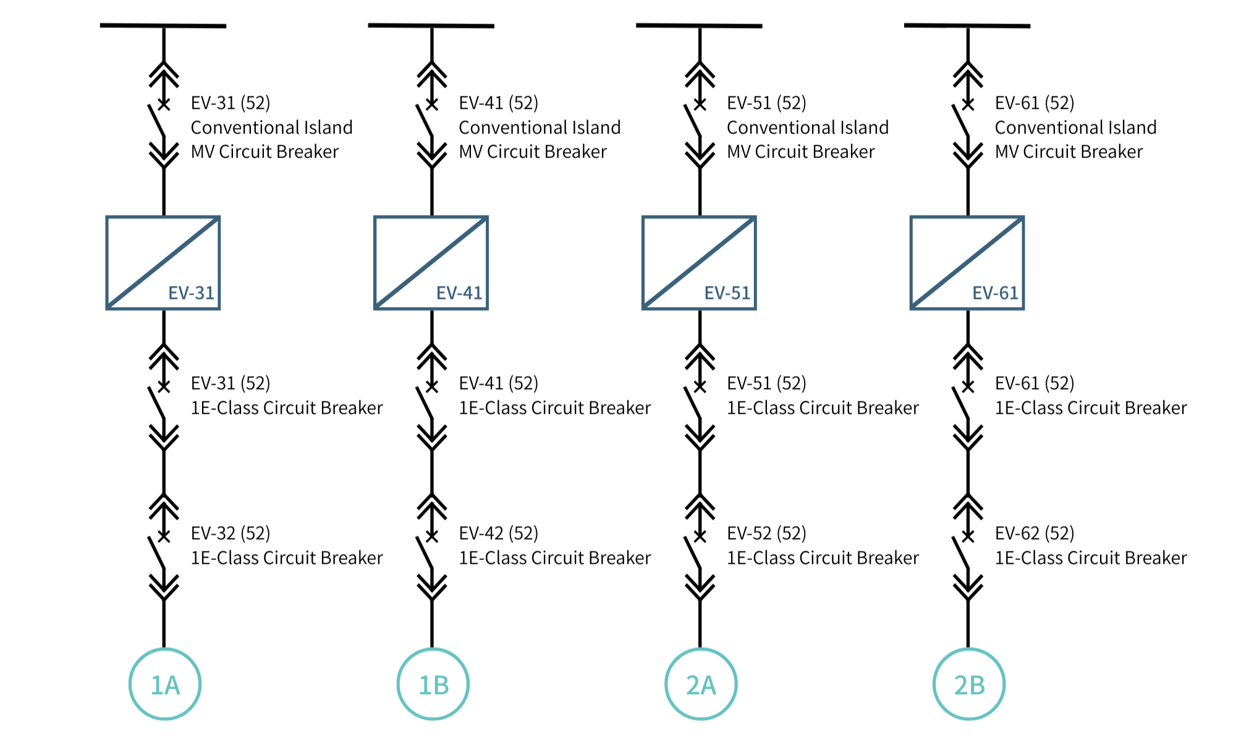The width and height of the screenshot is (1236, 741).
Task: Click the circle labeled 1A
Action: click(165, 684)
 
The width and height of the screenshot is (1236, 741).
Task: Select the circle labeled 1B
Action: click(433, 684)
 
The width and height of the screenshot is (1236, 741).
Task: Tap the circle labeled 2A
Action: click(701, 684)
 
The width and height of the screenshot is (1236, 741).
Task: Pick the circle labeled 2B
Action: click(969, 684)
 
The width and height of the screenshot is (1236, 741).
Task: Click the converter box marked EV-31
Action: click(163, 263)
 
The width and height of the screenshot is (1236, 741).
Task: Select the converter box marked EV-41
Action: click(431, 263)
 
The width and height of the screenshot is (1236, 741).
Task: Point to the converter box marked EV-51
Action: click(699, 263)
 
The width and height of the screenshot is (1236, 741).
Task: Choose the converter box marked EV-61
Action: click(967, 263)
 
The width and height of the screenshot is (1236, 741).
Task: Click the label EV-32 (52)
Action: click(231, 533)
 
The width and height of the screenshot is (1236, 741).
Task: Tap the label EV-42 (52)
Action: click(498, 533)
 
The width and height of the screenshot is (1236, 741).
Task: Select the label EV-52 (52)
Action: click(766, 533)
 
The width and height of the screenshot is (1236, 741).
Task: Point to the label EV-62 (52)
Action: click(1035, 533)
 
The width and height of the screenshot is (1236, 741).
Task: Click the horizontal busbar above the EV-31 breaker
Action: click(163, 26)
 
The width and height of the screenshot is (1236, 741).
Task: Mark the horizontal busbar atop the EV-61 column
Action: click(967, 26)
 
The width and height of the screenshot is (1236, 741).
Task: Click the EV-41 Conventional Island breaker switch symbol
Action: click(426, 120)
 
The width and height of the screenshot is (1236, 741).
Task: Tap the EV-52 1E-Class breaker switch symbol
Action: click(694, 551)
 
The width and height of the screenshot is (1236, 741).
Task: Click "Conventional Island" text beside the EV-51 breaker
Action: click(807, 128)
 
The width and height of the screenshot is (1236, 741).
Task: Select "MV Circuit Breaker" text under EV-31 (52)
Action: click(265, 152)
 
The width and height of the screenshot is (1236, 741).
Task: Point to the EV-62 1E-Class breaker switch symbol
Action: click(962, 551)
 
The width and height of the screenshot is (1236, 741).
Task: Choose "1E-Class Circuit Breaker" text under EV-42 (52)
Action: click(554, 558)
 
